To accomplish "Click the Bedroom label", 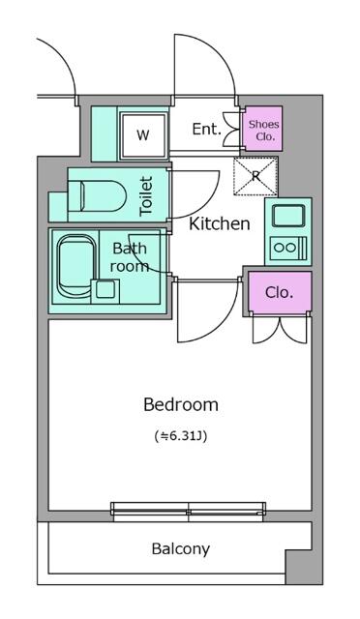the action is [x=181, y=404].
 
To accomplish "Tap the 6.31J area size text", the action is [x=181, y=436].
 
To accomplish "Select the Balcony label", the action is [x=181, y=549].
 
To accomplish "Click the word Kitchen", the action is [x=220, y=223].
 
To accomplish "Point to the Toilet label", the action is [x=146, y=196].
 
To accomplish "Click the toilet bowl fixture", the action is [x=97, y=195].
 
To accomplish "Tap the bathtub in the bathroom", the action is [x=76, y=266].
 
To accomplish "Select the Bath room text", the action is [x=130, y=257].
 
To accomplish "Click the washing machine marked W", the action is [x=143, y=135].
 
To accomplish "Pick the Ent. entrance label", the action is [x=207, y=129].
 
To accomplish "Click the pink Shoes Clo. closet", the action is [x=263, y=129].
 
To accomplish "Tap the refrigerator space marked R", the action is [x=255, y=176].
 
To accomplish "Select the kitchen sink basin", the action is [x=288, y=216].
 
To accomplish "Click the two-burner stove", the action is [x=288, y=248].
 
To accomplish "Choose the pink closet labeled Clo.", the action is [x=280, y=292].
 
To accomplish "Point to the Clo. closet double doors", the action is [x=281, y=329].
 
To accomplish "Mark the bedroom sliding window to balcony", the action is [x=188, y=512].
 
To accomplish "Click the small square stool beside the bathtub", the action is [x=105, y=289].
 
